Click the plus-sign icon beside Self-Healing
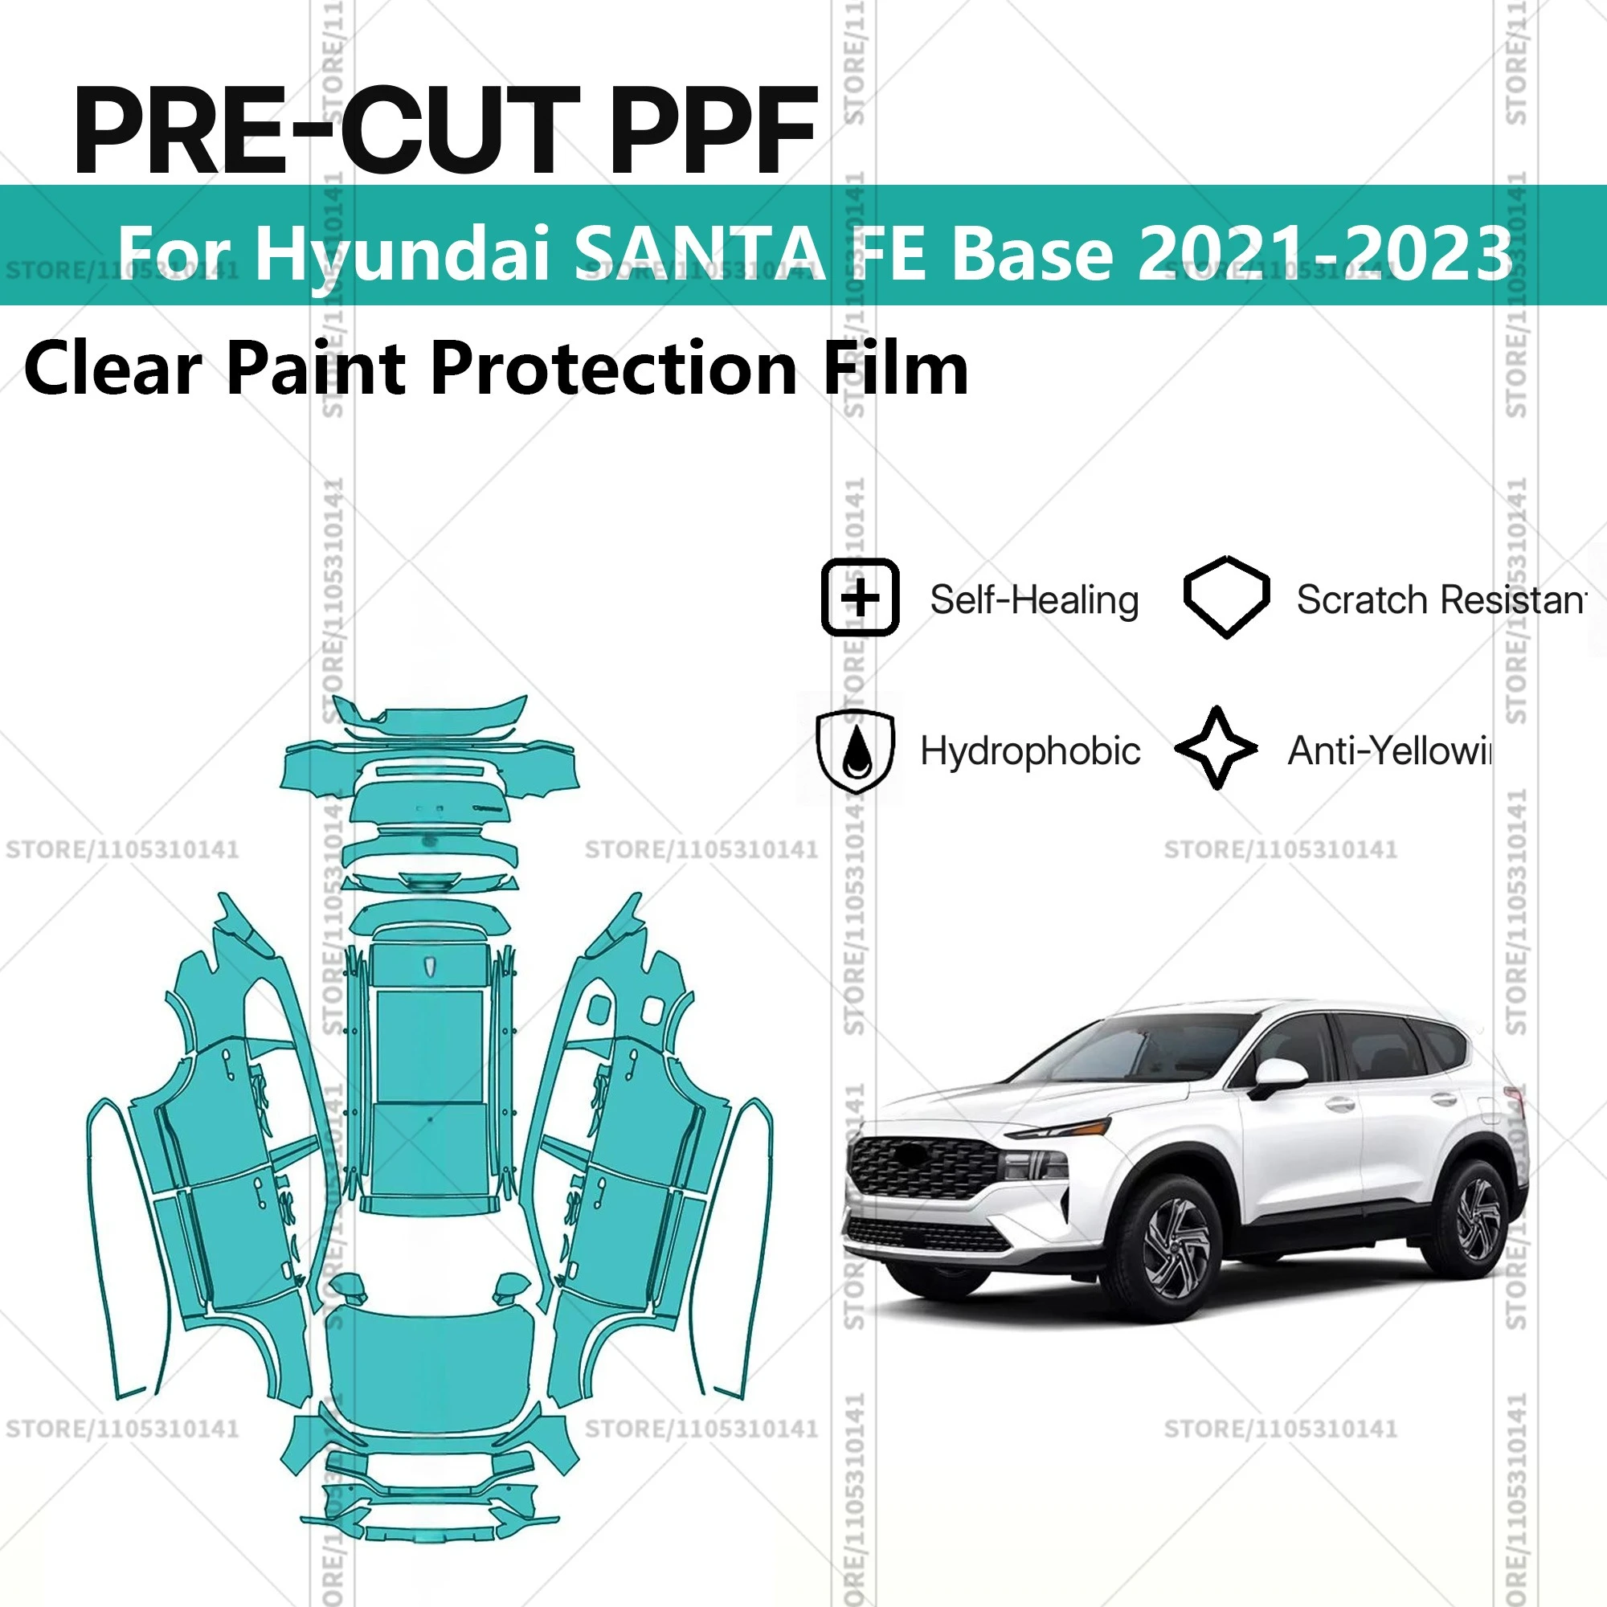860,598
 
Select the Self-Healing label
1034,599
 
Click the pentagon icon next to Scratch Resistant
1226,596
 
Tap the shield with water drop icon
856,750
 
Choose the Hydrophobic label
1030,751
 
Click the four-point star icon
1216,748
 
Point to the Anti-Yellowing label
1389,751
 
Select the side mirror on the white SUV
1278,1073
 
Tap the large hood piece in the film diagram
429,1364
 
